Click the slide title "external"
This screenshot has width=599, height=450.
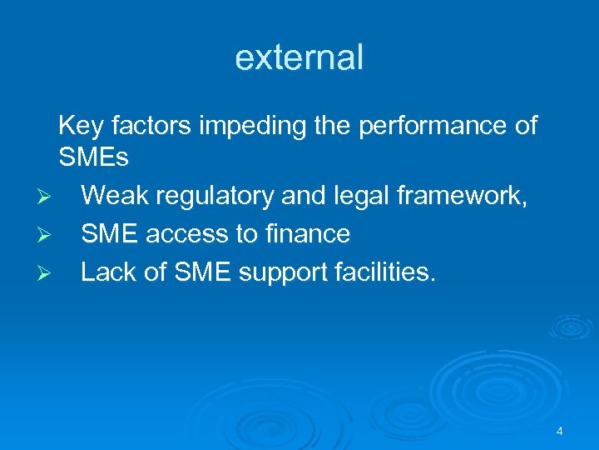click(299, 57)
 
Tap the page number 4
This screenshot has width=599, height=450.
click(559, 431)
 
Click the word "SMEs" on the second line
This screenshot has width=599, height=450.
click(93, 157)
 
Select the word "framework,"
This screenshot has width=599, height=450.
click(468, 195)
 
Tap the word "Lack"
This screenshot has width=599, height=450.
click(113, 272)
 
